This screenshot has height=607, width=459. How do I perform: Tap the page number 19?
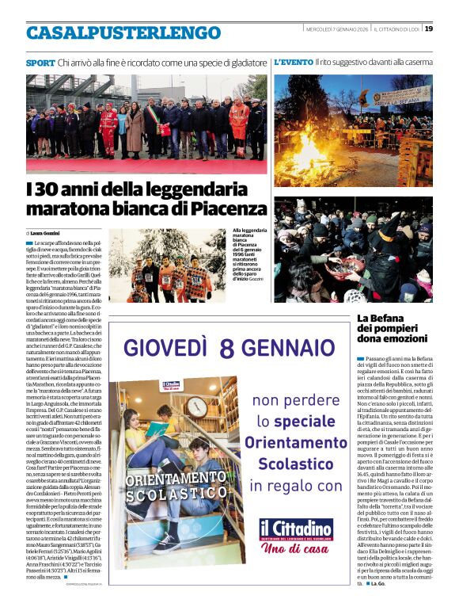428,29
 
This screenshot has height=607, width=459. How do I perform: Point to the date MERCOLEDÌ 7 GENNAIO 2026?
337,29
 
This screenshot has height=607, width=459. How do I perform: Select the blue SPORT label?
40,62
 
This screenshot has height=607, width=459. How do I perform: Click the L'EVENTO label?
293,62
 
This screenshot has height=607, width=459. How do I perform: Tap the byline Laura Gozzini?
47,234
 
